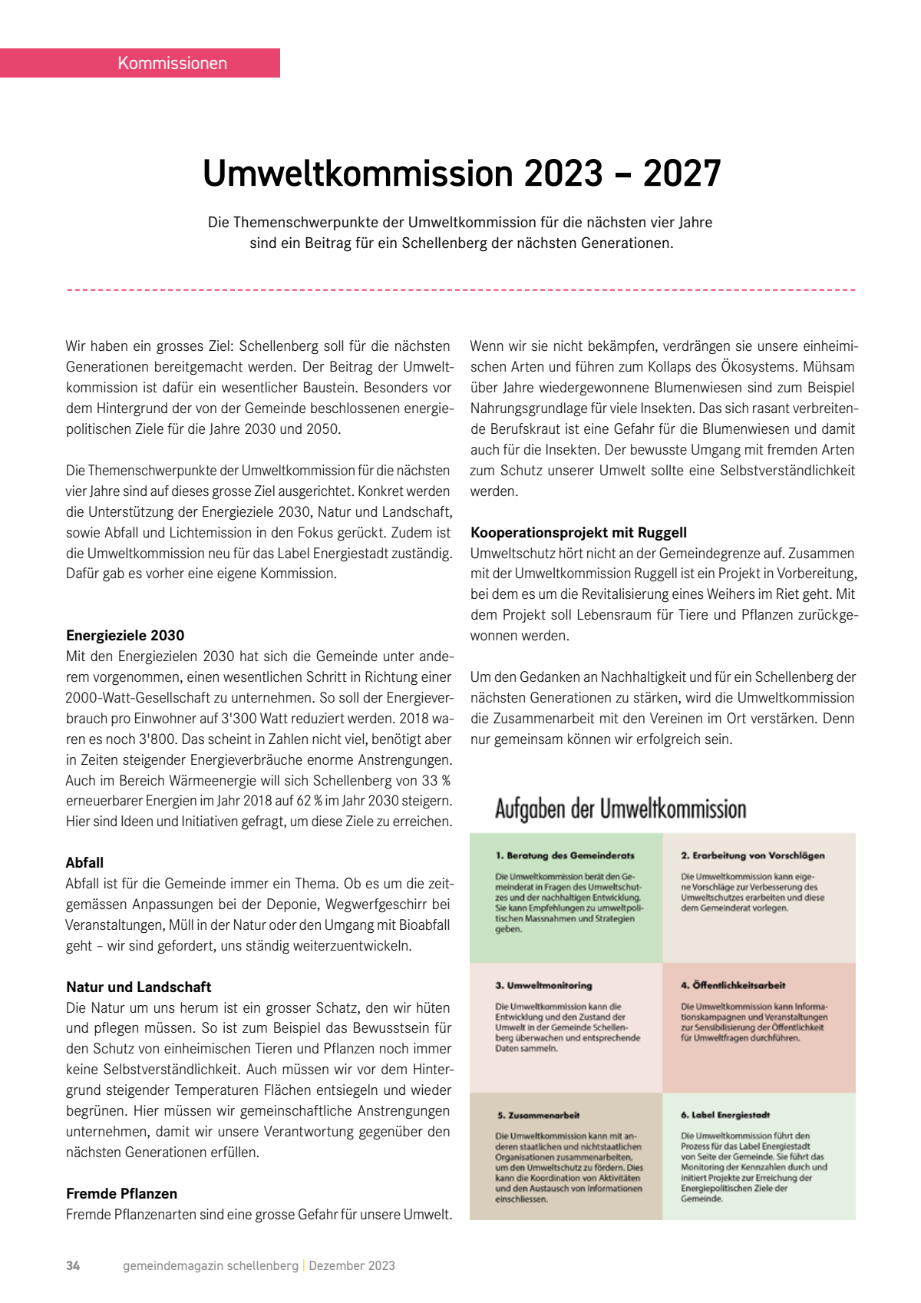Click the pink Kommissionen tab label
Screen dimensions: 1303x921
point(172,63)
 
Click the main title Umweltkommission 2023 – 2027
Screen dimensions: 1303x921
point(461,174)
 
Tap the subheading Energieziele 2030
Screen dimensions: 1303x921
point(125,635)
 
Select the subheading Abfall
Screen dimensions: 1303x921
point(84,862)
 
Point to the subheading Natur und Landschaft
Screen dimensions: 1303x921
point(138,987)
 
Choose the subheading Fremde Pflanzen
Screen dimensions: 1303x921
point(121,1193)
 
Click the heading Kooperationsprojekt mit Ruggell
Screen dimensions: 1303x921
point(578,532)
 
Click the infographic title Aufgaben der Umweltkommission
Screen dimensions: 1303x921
point(620,809)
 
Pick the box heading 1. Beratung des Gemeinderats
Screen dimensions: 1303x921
point(565,855)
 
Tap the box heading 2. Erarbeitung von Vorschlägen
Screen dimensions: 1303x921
point(752,855)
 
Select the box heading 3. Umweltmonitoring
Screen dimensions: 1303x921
point(543,985)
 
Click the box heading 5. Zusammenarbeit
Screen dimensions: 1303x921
point(538,1115)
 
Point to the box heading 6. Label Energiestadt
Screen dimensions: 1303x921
point(725,1115)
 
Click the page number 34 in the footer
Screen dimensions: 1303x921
point(73,1265)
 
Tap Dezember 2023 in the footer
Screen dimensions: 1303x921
point(352,1265)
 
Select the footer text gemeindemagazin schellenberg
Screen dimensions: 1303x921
point(210,1265)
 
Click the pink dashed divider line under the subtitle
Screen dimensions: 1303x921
point(461,290)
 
